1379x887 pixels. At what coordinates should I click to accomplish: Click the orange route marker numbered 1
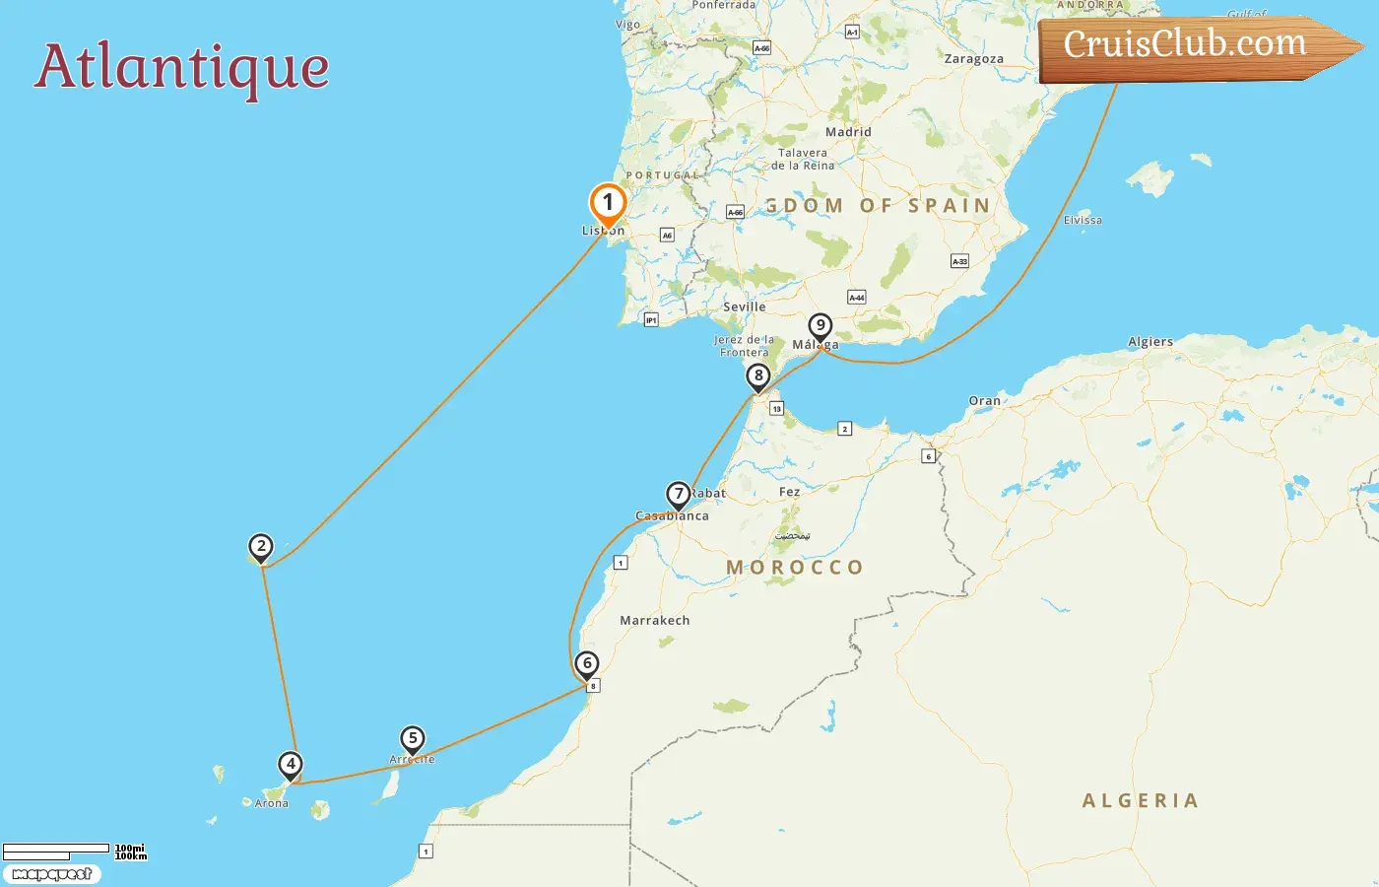click(x=608, y=204)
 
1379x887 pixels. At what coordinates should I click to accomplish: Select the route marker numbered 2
click(x=260, y=547)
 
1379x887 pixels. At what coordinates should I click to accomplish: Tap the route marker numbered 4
click(x=290, y=765)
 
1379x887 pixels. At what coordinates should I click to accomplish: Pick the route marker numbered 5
click(x=413, y=739)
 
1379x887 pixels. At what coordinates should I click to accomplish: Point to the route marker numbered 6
click(x=587, y=663)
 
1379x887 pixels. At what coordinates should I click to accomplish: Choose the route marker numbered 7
click(x=678, y=495)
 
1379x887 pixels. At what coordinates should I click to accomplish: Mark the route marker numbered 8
click(x=757, y=375)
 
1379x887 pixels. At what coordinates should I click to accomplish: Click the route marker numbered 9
click(x=820, y=326)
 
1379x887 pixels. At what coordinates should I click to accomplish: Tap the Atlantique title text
click(x=182, y=67)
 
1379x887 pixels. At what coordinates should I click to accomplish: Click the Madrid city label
click(x=848, y=132)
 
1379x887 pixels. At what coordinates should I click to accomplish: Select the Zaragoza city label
click(x=973, y=59)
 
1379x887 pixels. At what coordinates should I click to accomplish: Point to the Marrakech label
click(x=655, y=621)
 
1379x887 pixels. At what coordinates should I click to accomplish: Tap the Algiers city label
click(x=1150, y=342)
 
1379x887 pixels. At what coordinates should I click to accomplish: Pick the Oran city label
click(x=984, y=401)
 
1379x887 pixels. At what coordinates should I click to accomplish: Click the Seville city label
click(x=745, y=307)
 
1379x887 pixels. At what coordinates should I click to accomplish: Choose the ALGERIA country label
click(x=1141, y=801)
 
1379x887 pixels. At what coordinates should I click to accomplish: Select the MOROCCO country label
click(x=795, y=568)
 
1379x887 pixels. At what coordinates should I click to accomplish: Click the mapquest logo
click(x=51, y=874)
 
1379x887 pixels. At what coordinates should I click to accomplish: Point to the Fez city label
click(x=790, y=492)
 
